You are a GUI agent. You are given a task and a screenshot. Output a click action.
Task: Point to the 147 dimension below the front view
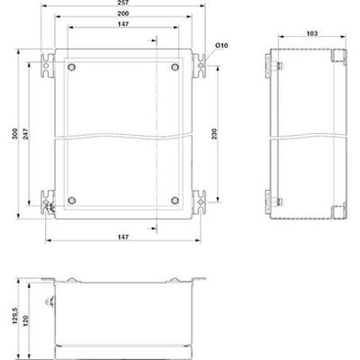coord(125,236)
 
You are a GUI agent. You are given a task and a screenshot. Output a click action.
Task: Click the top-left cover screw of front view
coord(74,68)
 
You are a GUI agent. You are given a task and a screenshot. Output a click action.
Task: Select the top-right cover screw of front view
coord(175,68)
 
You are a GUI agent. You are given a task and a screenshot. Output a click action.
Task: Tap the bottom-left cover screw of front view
coord(74,200)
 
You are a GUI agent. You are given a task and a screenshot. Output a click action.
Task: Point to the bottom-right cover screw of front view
coord(175,200)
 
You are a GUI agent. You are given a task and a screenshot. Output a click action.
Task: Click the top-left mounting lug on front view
coord(49,66)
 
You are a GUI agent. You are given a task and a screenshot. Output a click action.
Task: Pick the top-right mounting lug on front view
coord(201,66)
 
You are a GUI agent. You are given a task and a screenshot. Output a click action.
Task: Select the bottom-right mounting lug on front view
coord(201,197)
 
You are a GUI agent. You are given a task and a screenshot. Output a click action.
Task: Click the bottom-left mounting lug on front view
coord(49,197)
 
